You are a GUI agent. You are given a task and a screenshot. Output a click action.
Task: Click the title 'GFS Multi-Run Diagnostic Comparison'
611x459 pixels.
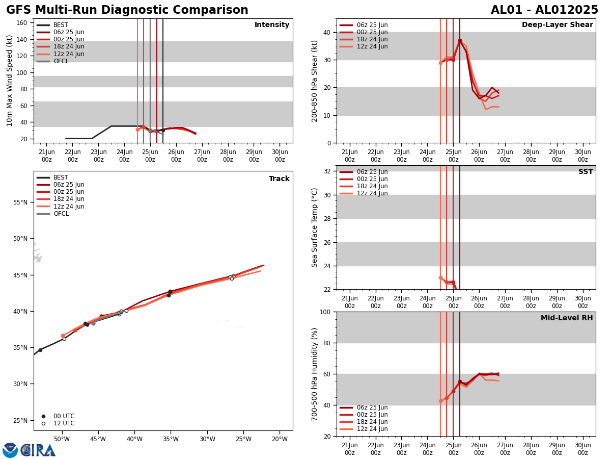(x=127, y=10)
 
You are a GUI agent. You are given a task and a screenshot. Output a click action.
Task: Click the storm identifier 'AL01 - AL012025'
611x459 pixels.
(x=544, y=10)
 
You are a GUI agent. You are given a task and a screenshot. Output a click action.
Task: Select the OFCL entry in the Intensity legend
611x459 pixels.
(x=61, y=61)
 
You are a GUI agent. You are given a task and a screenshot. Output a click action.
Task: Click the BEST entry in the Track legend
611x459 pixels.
(x=61, y=177)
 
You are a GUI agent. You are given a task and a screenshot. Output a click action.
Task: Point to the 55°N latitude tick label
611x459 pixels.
(x=20, y=202)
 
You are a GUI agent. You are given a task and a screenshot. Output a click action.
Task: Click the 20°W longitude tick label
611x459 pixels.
(x=280, y=439)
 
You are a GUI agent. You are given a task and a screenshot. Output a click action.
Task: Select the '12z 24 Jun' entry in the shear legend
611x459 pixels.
(x=372, y=46)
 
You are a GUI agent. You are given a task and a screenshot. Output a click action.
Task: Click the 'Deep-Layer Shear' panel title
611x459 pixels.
(x=557, y=25)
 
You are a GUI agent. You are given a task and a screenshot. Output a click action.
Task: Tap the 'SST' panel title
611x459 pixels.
(x=586, y=172)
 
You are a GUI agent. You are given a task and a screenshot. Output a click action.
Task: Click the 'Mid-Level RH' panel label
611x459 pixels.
(x=567, y=318)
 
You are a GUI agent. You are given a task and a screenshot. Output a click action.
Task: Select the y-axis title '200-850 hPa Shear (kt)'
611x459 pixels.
(x=315, y=81)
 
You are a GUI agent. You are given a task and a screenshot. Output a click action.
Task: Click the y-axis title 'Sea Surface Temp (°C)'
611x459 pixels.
(x=315, y=227)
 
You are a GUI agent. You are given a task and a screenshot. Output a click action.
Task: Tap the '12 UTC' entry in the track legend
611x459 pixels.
(x=64, y=423)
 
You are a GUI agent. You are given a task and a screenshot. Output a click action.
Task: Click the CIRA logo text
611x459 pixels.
(x=38, y=450)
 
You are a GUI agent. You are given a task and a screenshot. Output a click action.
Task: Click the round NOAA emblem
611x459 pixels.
(x=10, y=450)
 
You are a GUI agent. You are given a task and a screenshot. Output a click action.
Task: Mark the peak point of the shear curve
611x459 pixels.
(x=460, y=41)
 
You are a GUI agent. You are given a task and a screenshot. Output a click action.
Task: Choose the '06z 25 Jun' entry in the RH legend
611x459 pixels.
(x=372, y=407)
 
